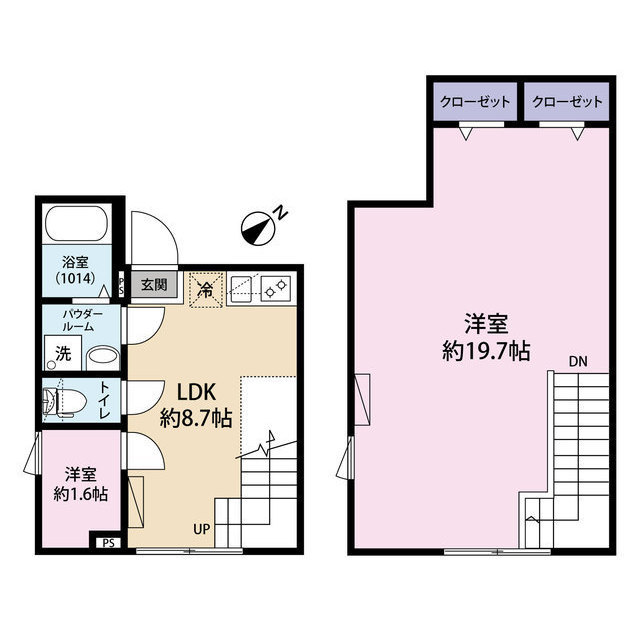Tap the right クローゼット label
pyautogui.click(x=568, y=102)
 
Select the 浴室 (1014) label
pyautogui.click(x=75, y=270)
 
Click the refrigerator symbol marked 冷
pyautogui.click(x=204, y=290)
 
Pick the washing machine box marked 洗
pyautogui.click(x=63, y=353)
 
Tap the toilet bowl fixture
pyautogui.click(x=62, y=402)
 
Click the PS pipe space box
pyautogui.click(x=107, y=543)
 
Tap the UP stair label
pyautogui.click(x=201, y=529)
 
